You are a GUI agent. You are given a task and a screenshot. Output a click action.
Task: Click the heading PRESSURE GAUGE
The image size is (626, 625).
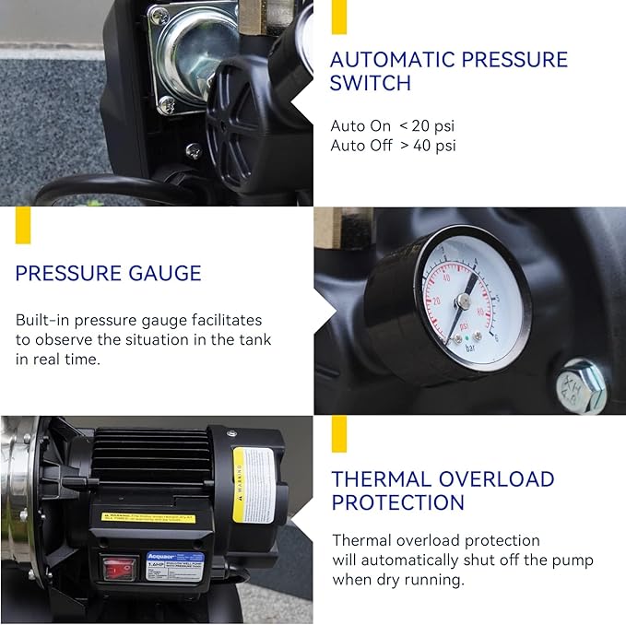point(108,274)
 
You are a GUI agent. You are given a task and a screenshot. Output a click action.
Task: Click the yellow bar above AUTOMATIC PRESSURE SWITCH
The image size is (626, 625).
point(338,18)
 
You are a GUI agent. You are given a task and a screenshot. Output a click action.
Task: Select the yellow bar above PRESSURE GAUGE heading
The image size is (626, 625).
point(23,225)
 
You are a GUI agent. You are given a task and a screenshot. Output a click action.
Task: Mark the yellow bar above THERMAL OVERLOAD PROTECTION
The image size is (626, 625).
point(338,433)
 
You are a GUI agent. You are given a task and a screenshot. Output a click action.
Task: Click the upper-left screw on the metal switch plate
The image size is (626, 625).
point(159,16)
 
